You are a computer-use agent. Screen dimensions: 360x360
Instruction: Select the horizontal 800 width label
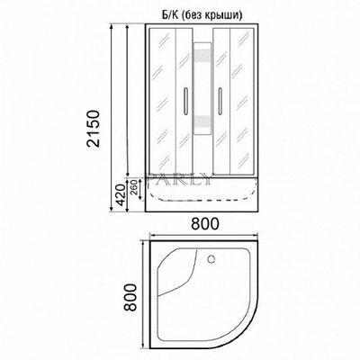pos(205,225)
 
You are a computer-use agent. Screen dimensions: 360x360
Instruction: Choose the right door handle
pos(219,101)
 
